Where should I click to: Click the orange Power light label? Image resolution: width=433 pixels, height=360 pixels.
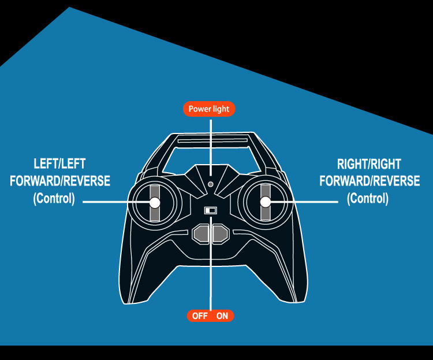209,109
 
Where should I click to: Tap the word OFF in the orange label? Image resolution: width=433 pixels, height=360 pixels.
200,316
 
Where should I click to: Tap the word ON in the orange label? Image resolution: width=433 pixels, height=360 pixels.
222,316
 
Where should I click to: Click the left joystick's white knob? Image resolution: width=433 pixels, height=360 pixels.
155,202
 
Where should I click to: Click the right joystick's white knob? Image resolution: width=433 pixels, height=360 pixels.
265,202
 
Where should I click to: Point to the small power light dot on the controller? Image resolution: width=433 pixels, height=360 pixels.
210,185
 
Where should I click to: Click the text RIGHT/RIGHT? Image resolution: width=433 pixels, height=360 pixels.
369,164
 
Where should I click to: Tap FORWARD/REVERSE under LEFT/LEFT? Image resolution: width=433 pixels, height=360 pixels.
60,181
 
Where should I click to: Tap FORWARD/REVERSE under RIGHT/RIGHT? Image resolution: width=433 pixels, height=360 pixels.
369,181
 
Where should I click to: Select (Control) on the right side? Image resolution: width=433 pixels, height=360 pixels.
368,199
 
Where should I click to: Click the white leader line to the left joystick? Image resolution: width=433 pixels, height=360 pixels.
115,202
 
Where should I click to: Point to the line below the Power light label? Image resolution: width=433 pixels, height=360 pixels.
210,144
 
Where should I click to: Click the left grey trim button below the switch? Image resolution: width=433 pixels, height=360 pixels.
202,234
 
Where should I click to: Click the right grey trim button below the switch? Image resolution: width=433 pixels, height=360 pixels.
220,234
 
